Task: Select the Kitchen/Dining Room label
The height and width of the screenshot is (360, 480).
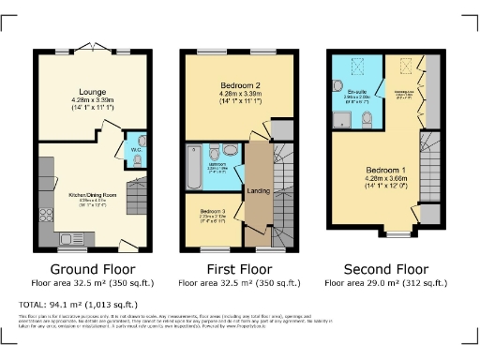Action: [x=90, y=195]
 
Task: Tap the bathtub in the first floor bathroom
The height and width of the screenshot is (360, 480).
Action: [x=192, y=158]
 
